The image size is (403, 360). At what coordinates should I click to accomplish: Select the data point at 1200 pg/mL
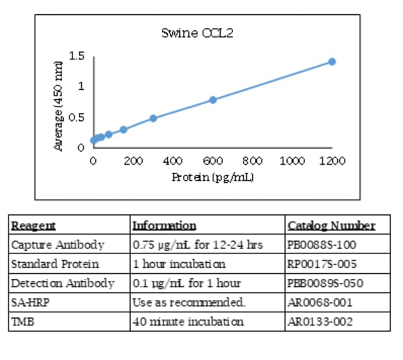(x=332, y=61)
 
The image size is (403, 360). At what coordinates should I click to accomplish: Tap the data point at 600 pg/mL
(x=213, y=100)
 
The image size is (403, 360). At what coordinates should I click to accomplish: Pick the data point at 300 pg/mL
(x=153, y=118)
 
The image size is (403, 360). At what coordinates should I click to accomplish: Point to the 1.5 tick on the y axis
(x=77, y=56)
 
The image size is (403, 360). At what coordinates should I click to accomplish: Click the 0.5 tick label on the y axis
(x=77, y=117)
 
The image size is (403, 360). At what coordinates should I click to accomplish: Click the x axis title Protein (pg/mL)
(x=213, y=177)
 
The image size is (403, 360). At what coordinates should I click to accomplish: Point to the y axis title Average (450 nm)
(x=58, y=105)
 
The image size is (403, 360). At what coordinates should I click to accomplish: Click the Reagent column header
(x=33, y=226)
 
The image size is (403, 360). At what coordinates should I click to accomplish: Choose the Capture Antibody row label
(x=58, y=244)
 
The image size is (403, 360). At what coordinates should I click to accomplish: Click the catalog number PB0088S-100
(x=322, y=244)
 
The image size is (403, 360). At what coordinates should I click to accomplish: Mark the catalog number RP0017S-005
(x=321, y=264)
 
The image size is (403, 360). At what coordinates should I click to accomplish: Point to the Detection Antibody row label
(x=63, y=283)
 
